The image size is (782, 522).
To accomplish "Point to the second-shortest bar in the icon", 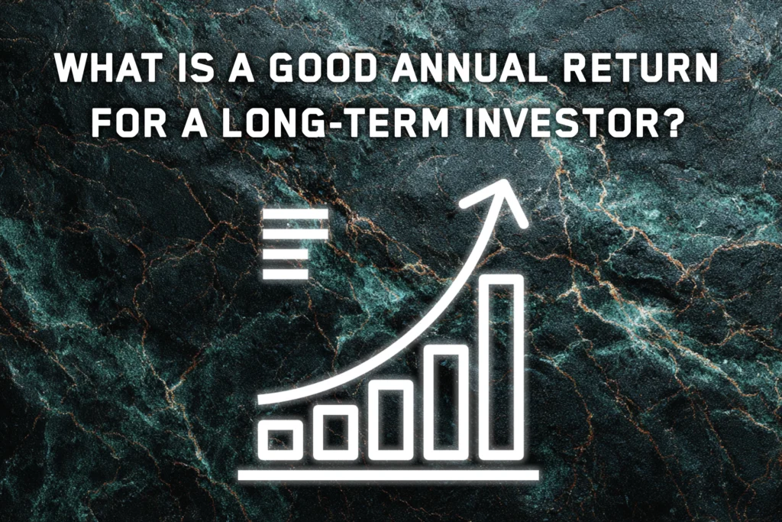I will click(x=334, y=432).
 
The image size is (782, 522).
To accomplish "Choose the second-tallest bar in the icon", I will click(x=447, y=401).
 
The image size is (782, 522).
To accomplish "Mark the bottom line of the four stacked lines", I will click(x=285, y=273).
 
